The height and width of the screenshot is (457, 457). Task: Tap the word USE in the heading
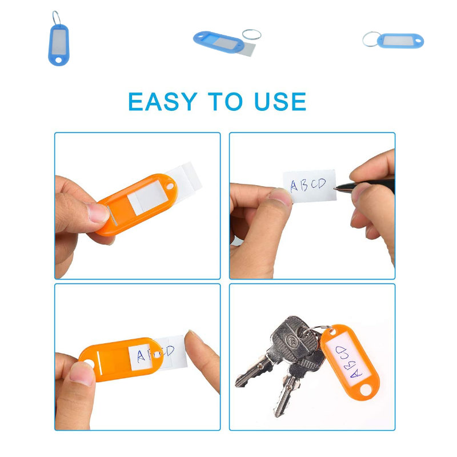[280, 102]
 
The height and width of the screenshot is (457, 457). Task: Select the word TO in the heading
[225, 102]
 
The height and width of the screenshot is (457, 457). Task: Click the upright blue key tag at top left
[59, 45]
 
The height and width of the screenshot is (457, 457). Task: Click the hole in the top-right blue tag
[419, 41]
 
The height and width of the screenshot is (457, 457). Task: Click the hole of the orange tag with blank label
[170, 185]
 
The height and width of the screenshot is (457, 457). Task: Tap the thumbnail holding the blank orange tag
[98, 212]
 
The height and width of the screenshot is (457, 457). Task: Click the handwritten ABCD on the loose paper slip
[308, 185]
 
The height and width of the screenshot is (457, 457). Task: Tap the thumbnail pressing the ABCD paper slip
[280, 196]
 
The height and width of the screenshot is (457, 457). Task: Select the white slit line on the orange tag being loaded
[99, 362]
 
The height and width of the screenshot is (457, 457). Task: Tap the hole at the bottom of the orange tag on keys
[366, 390]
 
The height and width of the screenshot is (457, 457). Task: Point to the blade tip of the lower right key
[278, 414]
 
